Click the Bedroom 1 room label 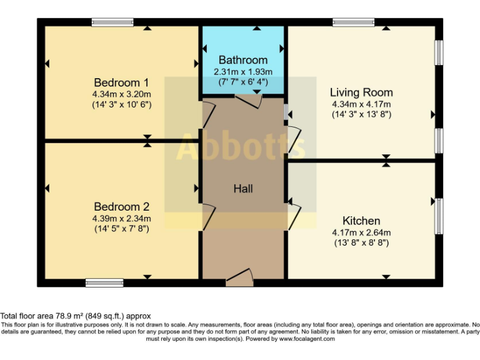click(x=121, y=82)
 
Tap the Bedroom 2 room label click(x=121, y=207)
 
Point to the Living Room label click(x=361, y=92)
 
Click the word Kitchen click(x=361, y=221)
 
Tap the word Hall click(x=243, y=188)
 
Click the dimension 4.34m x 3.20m click(x=121, y=94)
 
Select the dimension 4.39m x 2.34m click(x=121, y=218)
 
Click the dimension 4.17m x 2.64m click(x=361, y=232)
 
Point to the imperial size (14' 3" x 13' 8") click(x=361, y=114)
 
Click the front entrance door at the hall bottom click(x=239, y=278)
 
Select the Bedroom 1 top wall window click(x=112, y=22)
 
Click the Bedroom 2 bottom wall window click(x=104, y=282)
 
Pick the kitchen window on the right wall click(x=439, y=216)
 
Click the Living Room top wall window click(x=354, y=22)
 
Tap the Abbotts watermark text click(x=241, y=147)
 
